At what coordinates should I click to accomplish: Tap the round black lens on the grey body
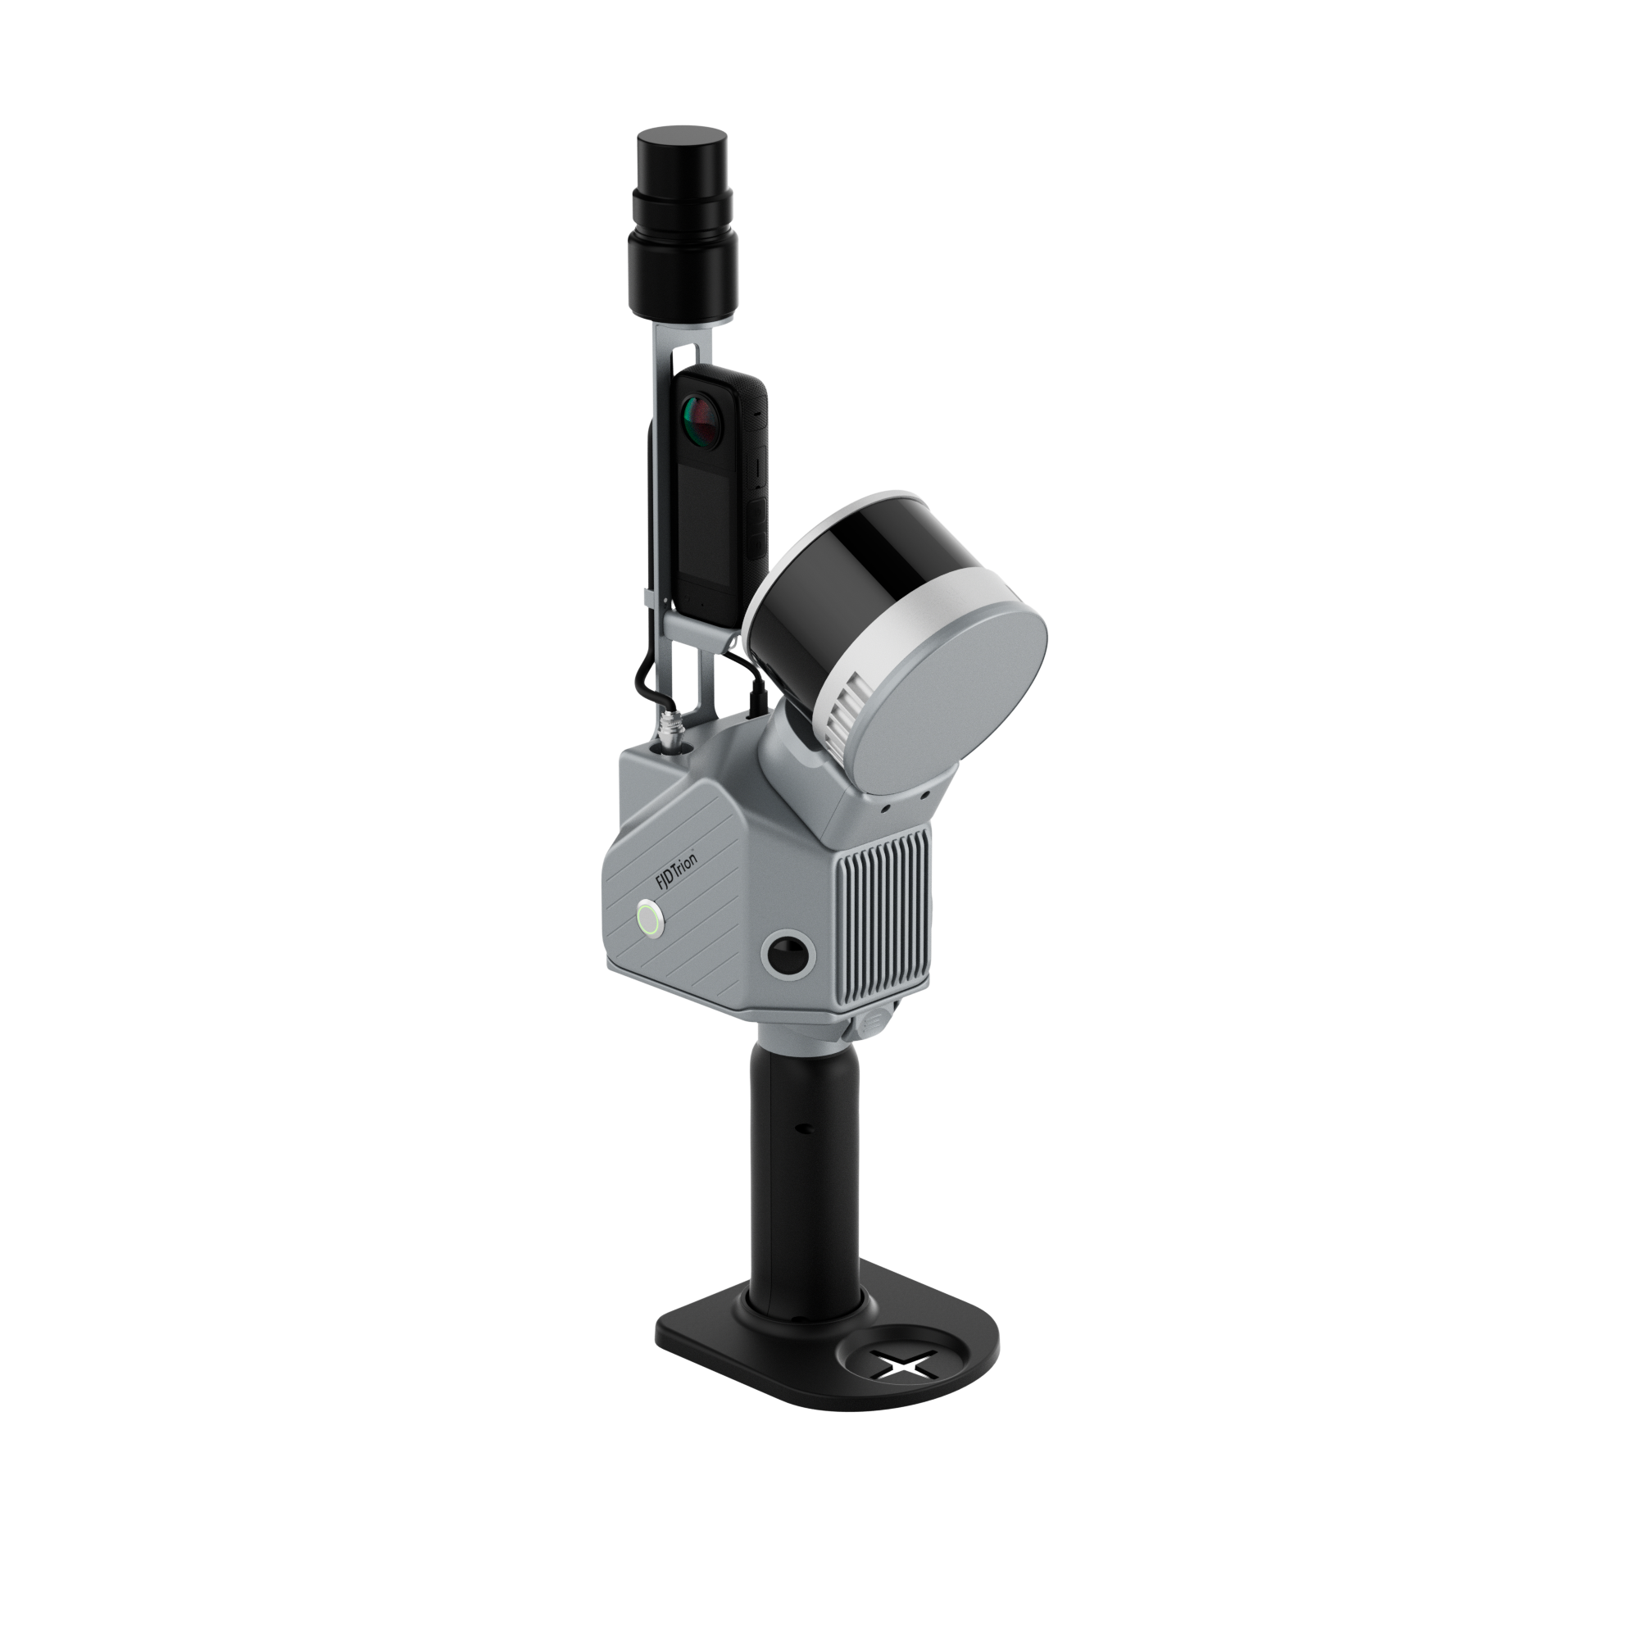(x=789, y=956)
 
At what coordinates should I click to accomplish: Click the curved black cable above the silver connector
(x=645, y=674)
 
